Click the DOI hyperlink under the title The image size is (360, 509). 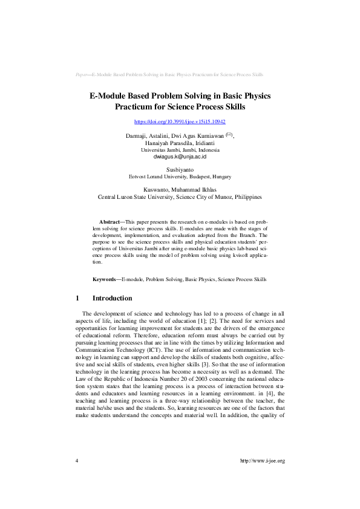pyautogui.click(x=180, y=122)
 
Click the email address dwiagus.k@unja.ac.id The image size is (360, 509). pyautogui.click(x=180, y=156)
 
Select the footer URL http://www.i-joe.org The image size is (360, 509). pyautogui.click(x=262, y=478)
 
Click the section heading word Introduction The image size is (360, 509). pyautogui.click(x=112, y=299)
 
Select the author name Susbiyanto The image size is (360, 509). pyautogui.click(x=180, y=170)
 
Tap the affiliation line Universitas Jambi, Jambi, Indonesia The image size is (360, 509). pyautogui.click(x=180, y=149)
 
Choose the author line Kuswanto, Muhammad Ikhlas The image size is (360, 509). pyautogui.click(x=180, y=190)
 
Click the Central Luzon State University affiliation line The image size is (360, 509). pyautogui.click(x=180, y=197)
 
